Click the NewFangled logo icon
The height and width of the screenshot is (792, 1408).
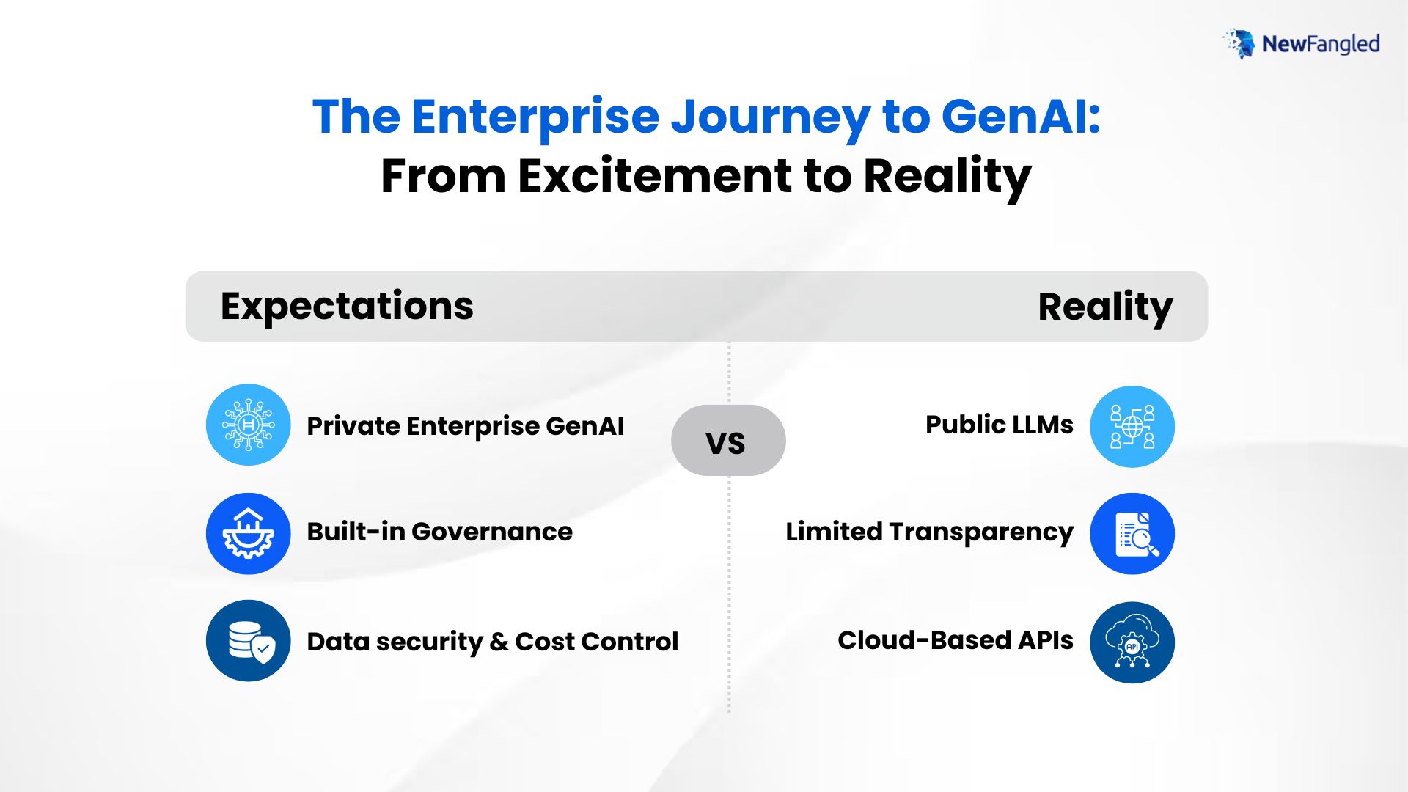[x=1239, y=44]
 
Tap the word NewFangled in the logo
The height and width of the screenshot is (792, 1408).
[x=1321, y=44]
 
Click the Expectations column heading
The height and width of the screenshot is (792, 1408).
[x=347, y=307]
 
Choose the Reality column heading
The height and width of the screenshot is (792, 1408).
[x=1105, y=307]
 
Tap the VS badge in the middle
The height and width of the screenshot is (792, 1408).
[x=728, y=440]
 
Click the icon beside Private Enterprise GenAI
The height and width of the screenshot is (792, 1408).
[x=249, y=425]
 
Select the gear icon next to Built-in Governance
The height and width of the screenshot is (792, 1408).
[x=249, y=533]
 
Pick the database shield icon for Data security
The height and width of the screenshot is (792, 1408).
[x=249, y=641]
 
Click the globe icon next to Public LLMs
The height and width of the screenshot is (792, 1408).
[x=1132, y=427]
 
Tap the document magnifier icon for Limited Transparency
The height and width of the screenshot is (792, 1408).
[x=1132, y=533]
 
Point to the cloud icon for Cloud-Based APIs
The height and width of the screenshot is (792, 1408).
[x=1132, y=642]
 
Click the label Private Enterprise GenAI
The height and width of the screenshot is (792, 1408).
[x=466, y=426]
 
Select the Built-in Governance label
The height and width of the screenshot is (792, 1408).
[x=440, y=532]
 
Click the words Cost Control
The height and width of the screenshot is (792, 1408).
[x=596, y=642]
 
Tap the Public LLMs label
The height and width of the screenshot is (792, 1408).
[x=1000, y=425]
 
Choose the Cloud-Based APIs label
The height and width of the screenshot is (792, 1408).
[x=956, y=640]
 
